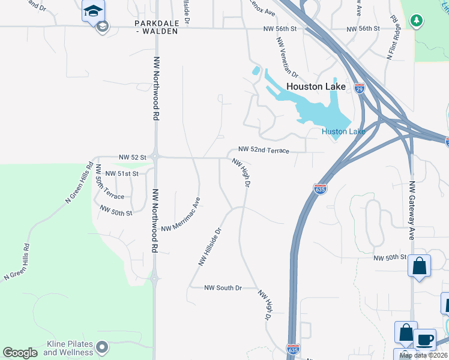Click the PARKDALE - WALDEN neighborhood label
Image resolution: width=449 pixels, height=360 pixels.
156,27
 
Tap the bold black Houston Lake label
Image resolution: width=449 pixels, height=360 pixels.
316,86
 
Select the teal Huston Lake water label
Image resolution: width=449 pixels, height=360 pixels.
343,131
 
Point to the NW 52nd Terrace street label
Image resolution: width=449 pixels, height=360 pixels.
264,150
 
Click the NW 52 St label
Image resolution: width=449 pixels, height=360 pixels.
133,157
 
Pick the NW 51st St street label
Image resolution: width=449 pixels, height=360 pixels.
122,173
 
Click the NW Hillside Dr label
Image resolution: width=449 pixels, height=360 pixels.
211,246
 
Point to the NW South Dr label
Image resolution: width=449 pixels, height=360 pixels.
222,288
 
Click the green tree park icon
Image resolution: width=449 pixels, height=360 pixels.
415,21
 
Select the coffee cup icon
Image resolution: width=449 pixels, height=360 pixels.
425,339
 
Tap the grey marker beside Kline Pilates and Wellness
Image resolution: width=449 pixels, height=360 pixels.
103,347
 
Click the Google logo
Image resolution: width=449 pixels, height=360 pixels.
20,353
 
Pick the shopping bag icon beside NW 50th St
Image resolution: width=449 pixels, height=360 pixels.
419,266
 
